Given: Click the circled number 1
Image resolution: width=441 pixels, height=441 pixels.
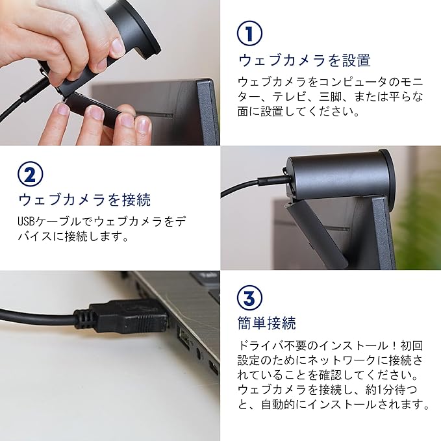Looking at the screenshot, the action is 250,33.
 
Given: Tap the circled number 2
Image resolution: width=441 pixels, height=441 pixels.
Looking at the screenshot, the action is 31,174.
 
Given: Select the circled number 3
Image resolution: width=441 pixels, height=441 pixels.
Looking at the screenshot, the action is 250,298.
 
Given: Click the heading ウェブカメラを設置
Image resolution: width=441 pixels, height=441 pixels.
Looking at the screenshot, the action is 305,60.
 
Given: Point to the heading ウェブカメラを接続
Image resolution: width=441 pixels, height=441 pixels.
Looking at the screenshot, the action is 84,199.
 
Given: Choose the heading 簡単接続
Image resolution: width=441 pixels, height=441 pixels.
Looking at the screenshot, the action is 267,323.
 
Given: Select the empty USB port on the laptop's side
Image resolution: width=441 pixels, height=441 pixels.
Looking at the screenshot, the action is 183,337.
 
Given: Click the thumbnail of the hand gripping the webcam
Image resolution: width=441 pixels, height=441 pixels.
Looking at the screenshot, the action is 110,73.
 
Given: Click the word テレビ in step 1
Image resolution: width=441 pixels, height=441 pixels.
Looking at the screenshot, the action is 289,97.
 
